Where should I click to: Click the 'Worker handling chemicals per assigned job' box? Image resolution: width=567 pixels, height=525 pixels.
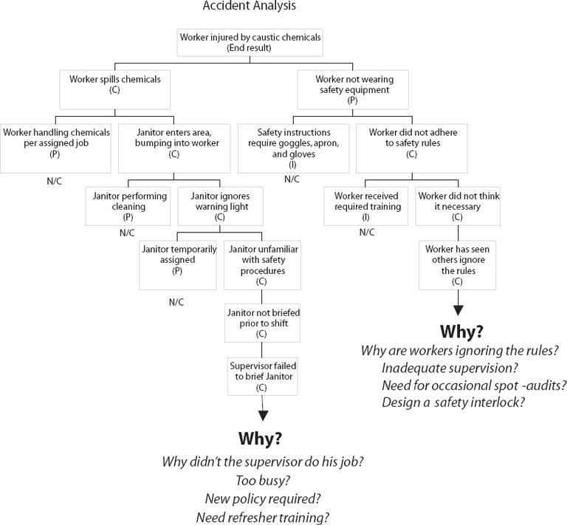(56, 143)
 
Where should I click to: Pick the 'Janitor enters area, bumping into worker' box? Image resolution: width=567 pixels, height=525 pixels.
(173, 143)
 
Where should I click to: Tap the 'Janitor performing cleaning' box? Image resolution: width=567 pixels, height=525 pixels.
(129, 207)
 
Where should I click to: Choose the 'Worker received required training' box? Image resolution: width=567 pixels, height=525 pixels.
(367, 207)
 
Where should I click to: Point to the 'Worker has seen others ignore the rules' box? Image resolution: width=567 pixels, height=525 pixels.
(457, 265)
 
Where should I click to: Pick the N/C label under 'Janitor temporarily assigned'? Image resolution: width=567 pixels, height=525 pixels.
(176, 303)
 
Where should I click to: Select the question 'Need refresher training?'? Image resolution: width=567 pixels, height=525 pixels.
(262, 517)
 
